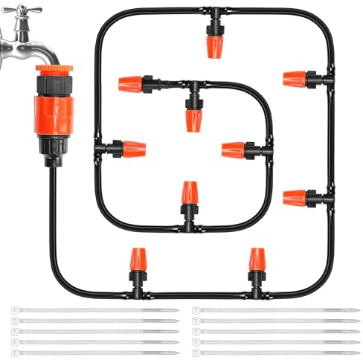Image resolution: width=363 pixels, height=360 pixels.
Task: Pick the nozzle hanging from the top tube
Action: pos(213,41)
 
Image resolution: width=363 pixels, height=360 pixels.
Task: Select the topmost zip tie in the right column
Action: pos(275,309)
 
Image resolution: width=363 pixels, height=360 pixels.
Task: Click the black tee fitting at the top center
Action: pos(212,13)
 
